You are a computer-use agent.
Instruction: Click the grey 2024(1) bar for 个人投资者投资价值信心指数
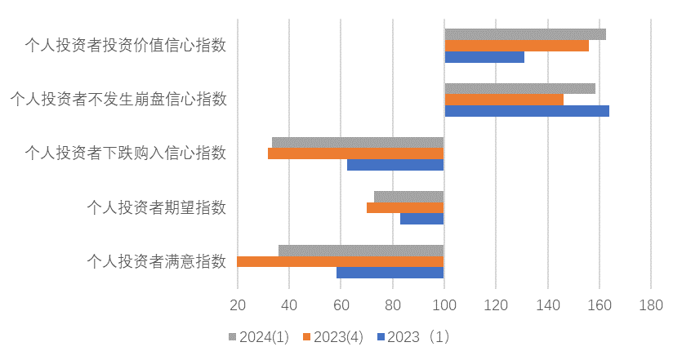[x=525, y=34]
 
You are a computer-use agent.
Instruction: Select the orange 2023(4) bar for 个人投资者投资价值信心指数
[x=516, y=46]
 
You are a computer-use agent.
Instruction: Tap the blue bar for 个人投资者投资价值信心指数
[x=484, y=57]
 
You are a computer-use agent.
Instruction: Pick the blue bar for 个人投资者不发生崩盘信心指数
[x=527, y=111]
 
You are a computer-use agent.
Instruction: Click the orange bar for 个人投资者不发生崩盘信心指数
[x=504, y=100]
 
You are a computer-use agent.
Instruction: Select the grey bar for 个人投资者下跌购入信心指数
[x=358, y=143]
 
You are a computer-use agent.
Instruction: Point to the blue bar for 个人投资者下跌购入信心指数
[x=395, y=165]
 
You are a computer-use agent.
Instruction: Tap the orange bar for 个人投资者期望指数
[x=405, y=207]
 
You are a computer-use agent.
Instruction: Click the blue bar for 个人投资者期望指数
[x=421, y=219]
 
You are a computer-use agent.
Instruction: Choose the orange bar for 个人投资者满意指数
[x=341, y=261]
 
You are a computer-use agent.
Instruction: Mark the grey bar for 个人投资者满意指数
[x=361, y=251]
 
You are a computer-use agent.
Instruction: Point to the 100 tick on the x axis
[x=444, y=305]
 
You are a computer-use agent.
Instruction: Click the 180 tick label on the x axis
[x=650, y=305]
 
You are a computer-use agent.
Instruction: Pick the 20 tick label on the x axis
[x=238, y=305]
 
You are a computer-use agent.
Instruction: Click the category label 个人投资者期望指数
[x=157, y=207]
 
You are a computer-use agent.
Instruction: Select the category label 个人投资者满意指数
[x=157, y=261]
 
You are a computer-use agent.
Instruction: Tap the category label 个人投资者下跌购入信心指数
[x=126, y=153]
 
